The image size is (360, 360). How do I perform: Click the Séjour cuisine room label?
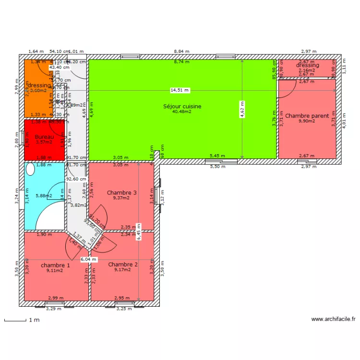point(182,107)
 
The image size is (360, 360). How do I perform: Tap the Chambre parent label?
point(307,116)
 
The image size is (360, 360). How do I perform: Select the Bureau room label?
point(44,137)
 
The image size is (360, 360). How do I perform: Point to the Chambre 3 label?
point(122,193)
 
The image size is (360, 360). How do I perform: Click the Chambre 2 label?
point(123,264)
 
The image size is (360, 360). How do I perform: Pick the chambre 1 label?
point(55,265)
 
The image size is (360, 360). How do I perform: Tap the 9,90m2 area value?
point(307,121)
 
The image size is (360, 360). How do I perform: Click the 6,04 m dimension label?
point(88,259)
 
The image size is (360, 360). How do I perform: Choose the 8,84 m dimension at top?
point(181,51)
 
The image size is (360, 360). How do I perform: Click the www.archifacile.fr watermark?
point(333,319)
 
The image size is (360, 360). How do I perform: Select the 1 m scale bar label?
point(34,320)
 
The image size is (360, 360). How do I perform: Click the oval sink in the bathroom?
point(30,169)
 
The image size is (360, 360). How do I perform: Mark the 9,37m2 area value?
point(122,198)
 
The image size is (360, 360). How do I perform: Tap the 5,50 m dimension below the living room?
point(218,166)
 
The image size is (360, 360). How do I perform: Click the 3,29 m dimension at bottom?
point(54,309)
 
